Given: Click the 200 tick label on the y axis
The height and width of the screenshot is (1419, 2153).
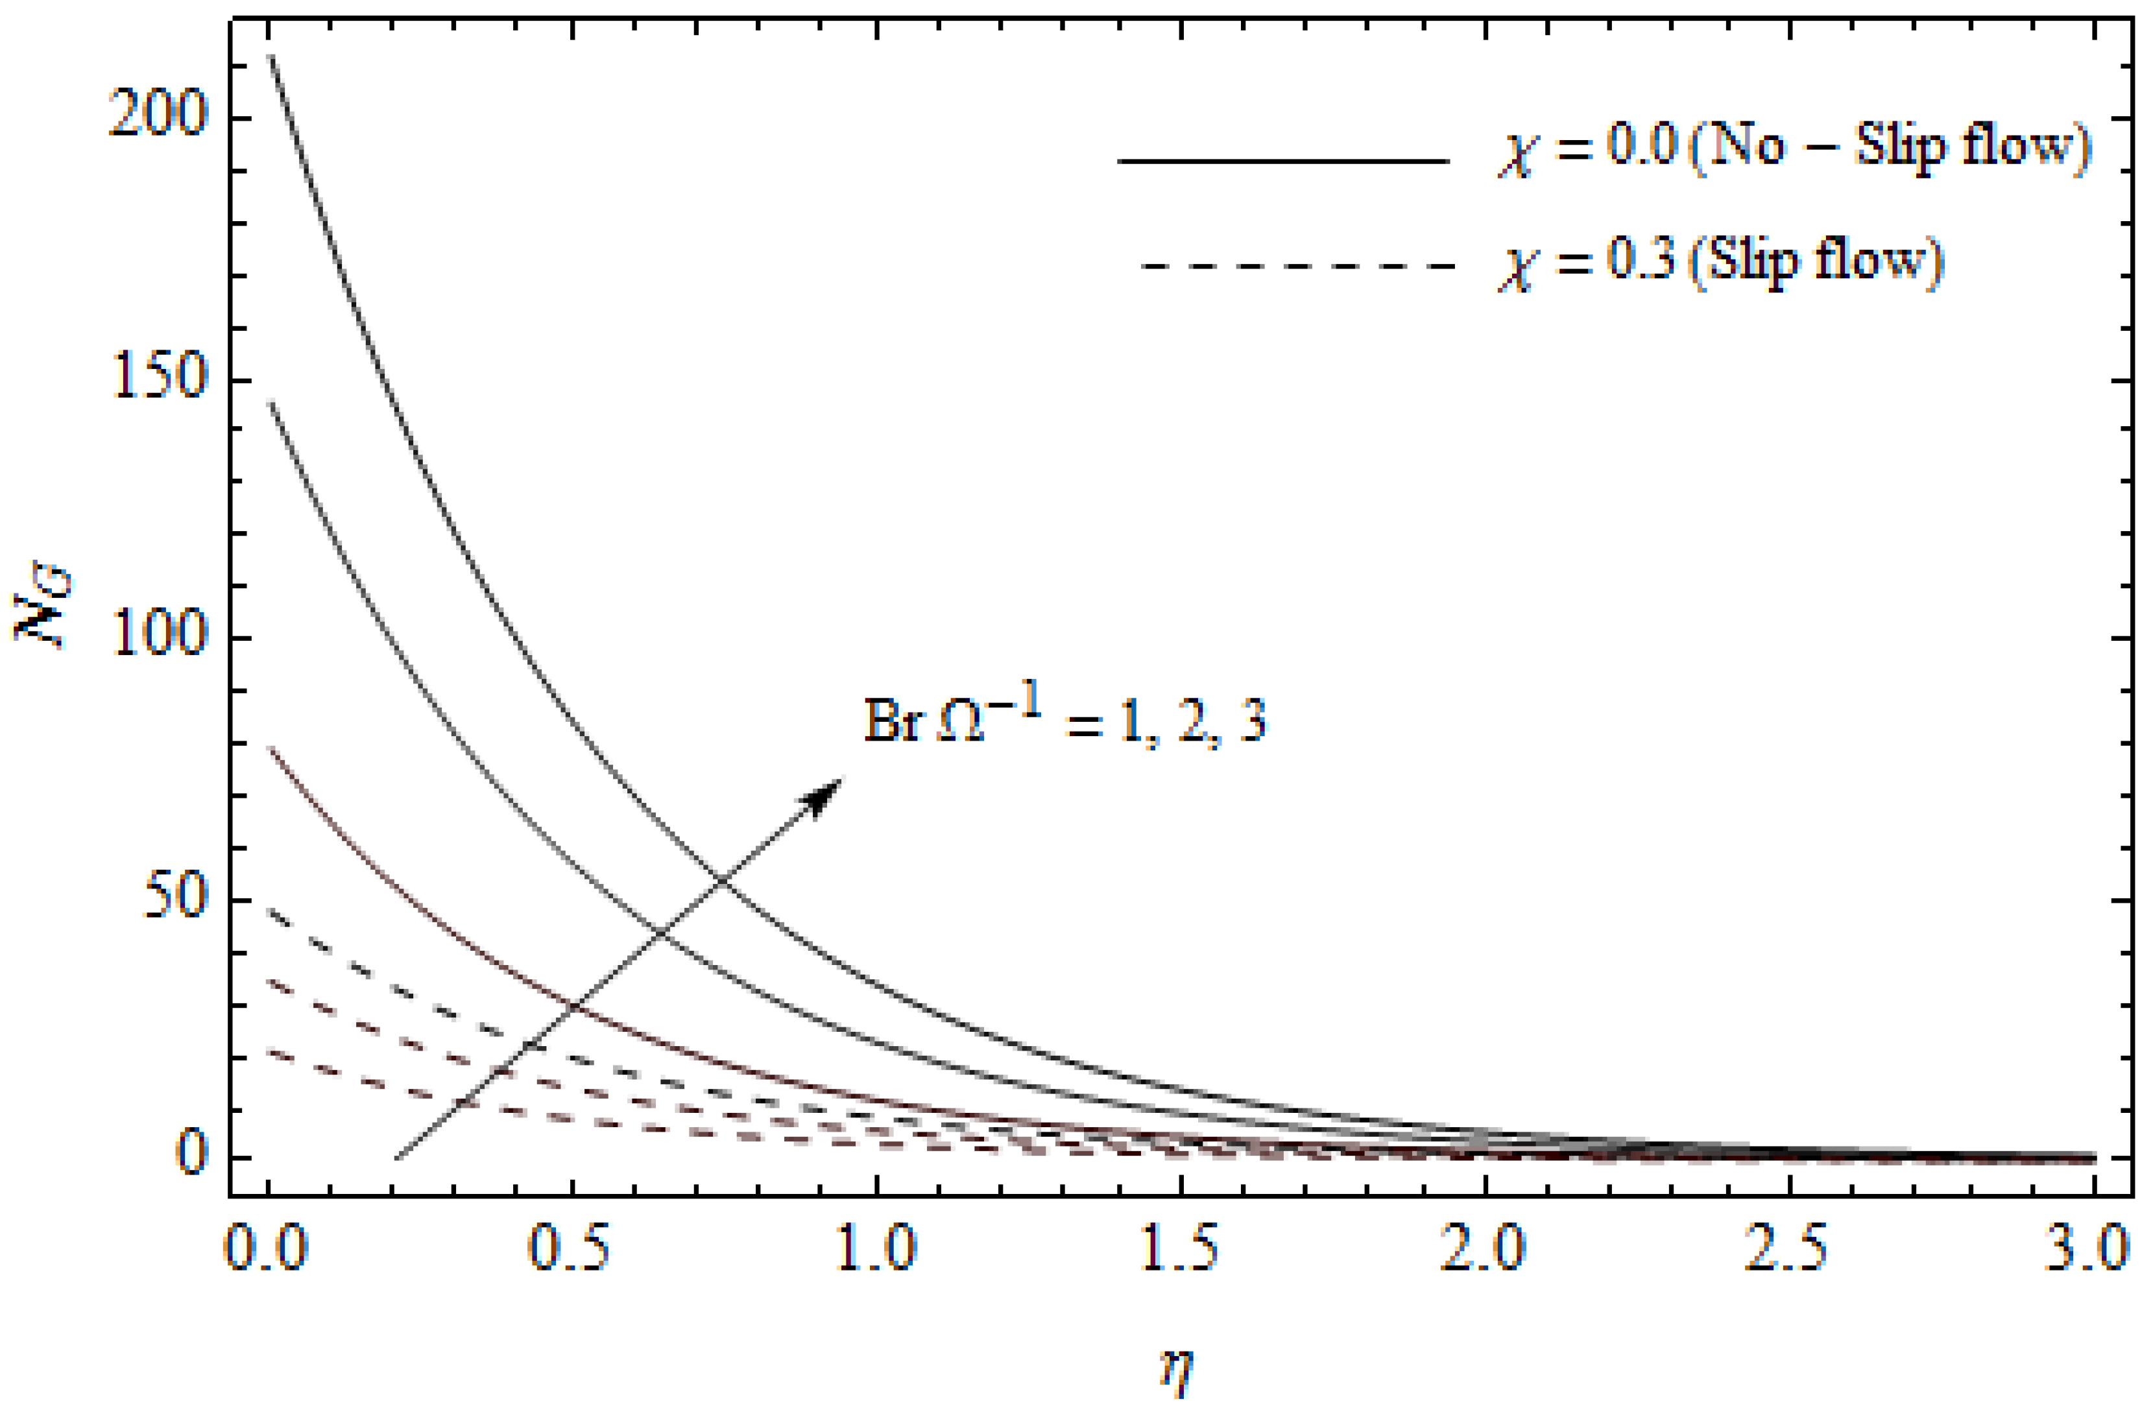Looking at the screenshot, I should pyautogui.click(x=158, y=117).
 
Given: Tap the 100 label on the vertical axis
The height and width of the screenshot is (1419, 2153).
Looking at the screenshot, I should pyautogui.click(x=158, y=638).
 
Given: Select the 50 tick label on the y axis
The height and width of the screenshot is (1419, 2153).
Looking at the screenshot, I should pyautogui.click(x=176, y=899).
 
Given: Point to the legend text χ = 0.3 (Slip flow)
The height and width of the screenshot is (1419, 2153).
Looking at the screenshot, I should pyautogui.click(x=1720, y=263).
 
